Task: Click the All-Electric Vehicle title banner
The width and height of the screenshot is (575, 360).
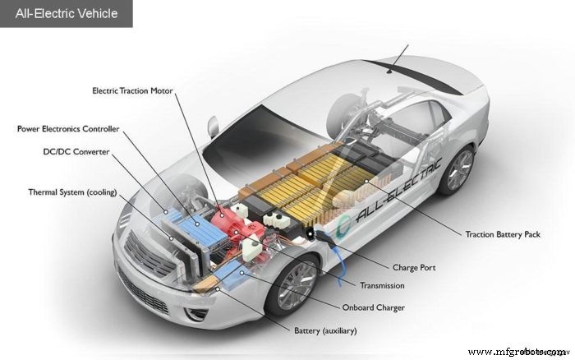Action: [66, 13]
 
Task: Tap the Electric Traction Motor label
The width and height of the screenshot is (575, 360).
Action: [132, 90]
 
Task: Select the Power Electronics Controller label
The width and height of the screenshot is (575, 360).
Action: [68, 129]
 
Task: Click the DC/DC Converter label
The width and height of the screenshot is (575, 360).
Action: [76, 152]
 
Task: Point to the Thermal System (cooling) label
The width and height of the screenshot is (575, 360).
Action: [72, 192]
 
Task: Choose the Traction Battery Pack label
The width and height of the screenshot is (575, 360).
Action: [503, 234]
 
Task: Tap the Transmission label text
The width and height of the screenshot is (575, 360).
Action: [382, 286]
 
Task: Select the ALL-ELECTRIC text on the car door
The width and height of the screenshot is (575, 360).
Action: [402, 186]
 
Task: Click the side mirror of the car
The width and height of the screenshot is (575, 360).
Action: [213, 126]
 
